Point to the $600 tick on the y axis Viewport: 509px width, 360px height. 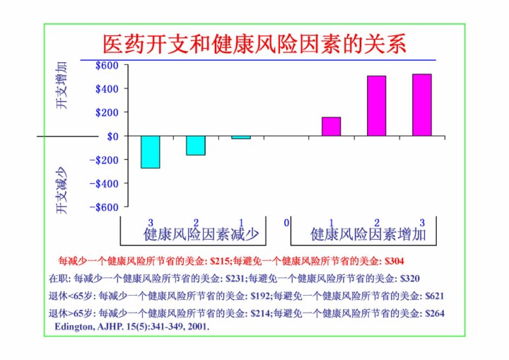pos(107,66)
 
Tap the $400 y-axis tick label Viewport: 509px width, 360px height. pos(107,89)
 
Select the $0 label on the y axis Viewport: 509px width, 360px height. pos(112,136)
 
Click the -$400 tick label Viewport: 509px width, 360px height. pos(106,183)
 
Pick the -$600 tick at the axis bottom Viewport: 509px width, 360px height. pos(106,207)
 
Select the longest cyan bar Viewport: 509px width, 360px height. pos(150,151)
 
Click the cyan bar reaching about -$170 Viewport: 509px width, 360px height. pos(196,145)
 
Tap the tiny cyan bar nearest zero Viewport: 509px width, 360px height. pos(241,137)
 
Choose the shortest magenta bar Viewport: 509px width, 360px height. pos(331,126)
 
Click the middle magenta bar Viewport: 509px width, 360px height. pos(376,105)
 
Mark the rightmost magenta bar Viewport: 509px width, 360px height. pos(422,105)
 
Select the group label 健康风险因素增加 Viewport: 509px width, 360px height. pos(368,234)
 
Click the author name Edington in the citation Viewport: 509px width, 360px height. pos(76,327)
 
